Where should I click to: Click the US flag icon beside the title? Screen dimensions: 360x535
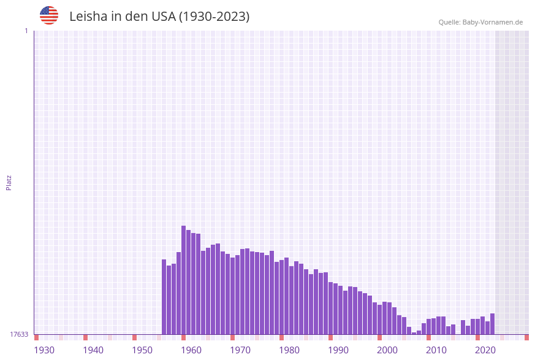49,15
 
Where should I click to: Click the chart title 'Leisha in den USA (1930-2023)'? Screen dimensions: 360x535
159,17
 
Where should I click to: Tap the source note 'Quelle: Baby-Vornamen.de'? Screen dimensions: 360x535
480,22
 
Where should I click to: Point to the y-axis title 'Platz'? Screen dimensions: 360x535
9,182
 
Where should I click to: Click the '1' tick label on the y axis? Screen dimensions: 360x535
26,31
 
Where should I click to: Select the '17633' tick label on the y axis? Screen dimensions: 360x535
19,334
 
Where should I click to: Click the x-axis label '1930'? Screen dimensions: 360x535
44,350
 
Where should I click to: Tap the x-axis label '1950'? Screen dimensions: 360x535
142,350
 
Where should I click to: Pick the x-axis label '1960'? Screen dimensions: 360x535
191,350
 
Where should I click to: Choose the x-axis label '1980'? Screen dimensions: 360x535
289,350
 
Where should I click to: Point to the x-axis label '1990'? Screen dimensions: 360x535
338,350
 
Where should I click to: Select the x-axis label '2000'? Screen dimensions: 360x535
387,350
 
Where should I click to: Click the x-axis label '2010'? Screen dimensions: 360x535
436,350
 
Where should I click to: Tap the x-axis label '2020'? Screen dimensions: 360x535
485,350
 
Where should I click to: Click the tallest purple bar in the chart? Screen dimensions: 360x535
183,280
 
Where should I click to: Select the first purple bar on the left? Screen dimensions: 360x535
164,297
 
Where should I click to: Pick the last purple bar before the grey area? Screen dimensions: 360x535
492,324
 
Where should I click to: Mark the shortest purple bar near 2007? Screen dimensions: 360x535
414,333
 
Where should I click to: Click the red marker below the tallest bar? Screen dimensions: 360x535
183,337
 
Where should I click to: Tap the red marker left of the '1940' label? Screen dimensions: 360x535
85,337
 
